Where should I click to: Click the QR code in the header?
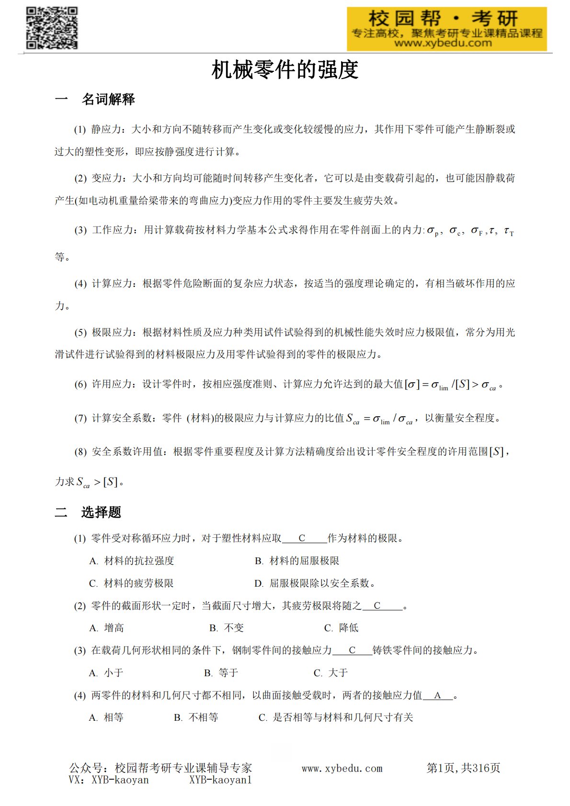(x=52, y=28)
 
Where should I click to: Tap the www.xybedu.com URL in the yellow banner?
(x=443, y=43)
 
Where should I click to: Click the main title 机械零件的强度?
(x=285, y=70)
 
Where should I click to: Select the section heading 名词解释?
(x=108, y=99)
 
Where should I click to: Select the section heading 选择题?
(x=101, y=512)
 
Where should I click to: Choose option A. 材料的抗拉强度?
(x=132, y=561)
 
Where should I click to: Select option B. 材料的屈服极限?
(x=297, y=561)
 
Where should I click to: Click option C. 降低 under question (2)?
(x=341, y=628)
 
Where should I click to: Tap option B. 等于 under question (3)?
(x=221, y=673)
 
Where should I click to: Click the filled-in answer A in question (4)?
(x=437, y=695)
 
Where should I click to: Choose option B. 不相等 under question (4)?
(x=196, y=717)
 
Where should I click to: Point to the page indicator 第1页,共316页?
(x=463, y=768)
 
